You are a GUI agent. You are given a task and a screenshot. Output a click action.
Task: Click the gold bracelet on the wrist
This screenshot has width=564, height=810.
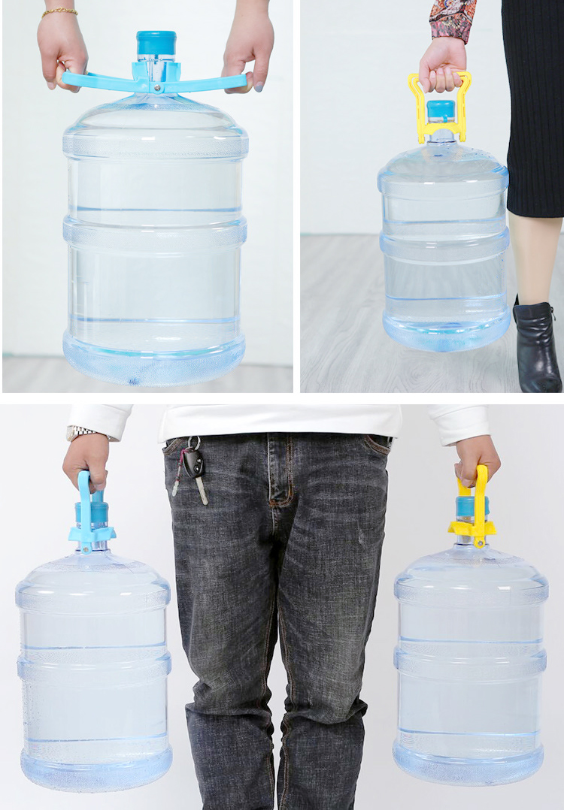[59, 12]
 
